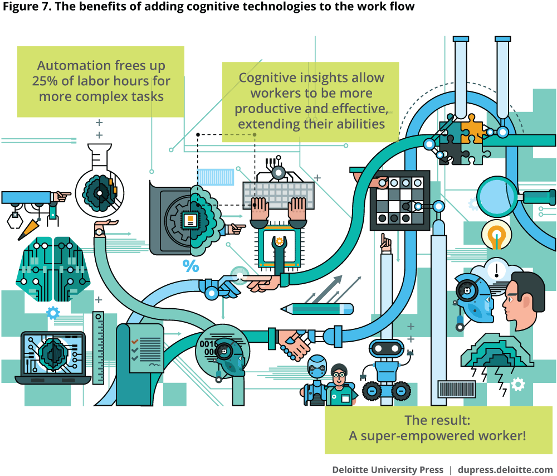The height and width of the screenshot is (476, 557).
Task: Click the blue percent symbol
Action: click(190, 266)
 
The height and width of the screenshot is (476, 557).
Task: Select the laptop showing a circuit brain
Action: click(52, 357)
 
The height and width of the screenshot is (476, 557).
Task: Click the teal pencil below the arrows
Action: click(317, 308)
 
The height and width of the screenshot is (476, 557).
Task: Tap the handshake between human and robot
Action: click(294, 344)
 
